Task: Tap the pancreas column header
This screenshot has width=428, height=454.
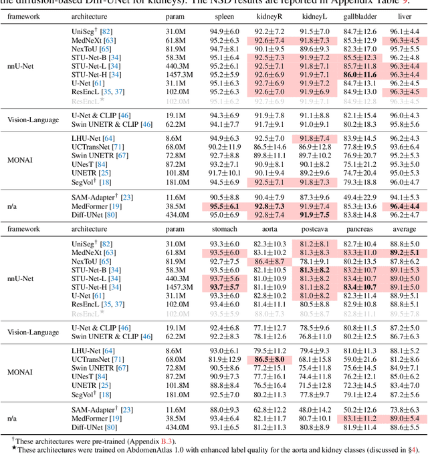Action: point(359,228)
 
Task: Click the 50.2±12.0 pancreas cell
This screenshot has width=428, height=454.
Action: point(359,409)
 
